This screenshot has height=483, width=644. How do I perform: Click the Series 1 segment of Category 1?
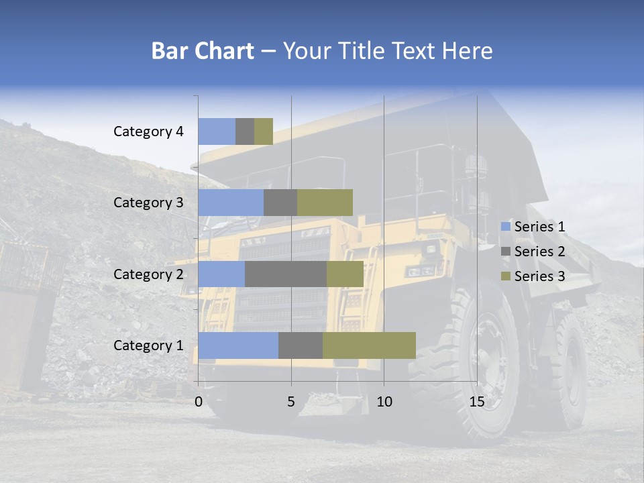point(238,345)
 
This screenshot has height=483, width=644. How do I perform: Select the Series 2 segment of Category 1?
point(301,345)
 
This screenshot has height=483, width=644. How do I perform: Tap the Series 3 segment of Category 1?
point(369,345)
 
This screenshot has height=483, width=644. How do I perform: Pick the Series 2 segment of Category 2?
point(286,274)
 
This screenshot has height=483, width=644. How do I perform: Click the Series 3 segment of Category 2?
point(345,274)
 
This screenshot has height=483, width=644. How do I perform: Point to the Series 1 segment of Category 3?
point(231,203)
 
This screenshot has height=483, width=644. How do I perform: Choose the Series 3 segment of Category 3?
point(325,203)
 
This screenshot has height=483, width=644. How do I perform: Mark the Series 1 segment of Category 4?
point(217,131)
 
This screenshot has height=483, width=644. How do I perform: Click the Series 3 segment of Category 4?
point(264,131)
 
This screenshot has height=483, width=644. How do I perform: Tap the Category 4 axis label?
point(148,131)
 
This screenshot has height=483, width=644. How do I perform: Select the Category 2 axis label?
point(148,274)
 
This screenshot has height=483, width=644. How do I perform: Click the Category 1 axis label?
point(148,345)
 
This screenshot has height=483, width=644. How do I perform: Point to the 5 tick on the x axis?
point(291,402)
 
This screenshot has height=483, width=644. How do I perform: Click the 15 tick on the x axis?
point(476,402)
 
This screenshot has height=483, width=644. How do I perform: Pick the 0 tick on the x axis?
point(199,402)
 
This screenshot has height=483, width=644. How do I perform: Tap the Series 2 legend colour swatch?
point(505,252)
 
